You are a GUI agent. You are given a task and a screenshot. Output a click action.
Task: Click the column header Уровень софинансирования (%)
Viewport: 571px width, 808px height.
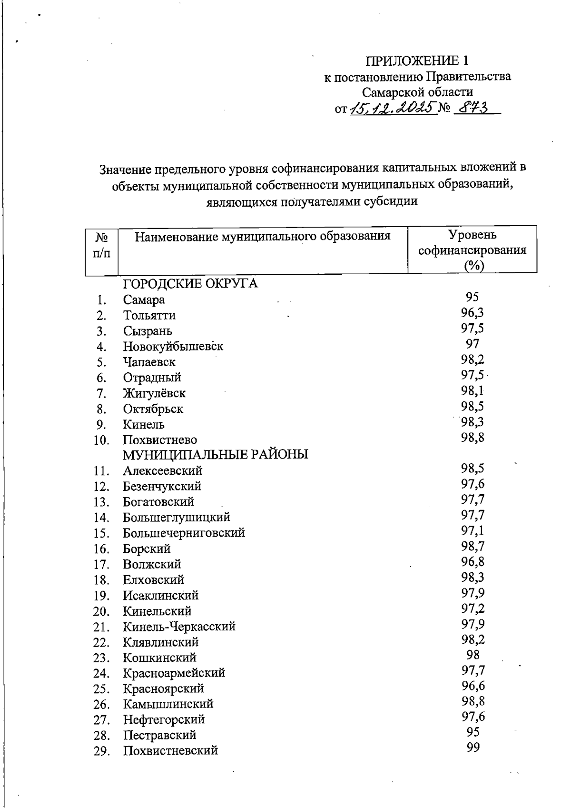pyautogui.click(x=472, y=250)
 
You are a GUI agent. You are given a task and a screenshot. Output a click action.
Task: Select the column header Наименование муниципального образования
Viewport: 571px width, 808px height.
pyautogui.click(x=263, y=236)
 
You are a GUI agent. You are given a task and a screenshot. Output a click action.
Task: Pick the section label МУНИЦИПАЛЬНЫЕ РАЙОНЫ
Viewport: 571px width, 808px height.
pyautogui.click(x=216, y=454)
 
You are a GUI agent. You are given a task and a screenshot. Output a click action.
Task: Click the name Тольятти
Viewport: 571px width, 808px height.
pyautogui.click(x=149, y=315)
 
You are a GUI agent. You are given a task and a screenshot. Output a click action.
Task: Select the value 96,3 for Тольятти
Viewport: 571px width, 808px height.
pyautogui.click(x=473, y=313)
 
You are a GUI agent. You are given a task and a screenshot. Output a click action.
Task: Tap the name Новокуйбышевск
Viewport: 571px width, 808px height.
pyautogui.click(x=173, y=346)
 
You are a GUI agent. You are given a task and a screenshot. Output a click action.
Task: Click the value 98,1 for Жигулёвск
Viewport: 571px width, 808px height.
pyautogui.click(x=473, y=391)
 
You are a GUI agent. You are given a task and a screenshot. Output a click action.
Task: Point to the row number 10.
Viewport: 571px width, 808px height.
pyautogui.click(x=102, y=440)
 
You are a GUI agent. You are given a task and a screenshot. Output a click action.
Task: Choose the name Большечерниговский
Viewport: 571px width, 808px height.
pyautogui.click(x=184, y=533)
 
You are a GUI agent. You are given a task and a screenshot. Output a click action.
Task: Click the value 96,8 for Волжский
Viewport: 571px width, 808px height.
pyautogui.click(x=473, y=562)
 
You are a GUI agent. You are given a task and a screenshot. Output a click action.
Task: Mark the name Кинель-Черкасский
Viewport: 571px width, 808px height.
pyautogui.click(x=179, y=627)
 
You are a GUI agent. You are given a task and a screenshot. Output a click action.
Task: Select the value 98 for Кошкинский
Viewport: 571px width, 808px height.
pyautogui.click(x=473, y=655)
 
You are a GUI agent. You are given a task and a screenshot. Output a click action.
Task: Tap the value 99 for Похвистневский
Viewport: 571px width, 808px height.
pyautogui.click(x=473, y=748)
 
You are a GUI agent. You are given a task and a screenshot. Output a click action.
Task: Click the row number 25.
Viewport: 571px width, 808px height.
pyautogui.click(x=102, y=689)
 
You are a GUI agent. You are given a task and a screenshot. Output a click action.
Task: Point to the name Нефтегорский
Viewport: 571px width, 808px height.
pyautogui.click(x=164, y=719)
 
